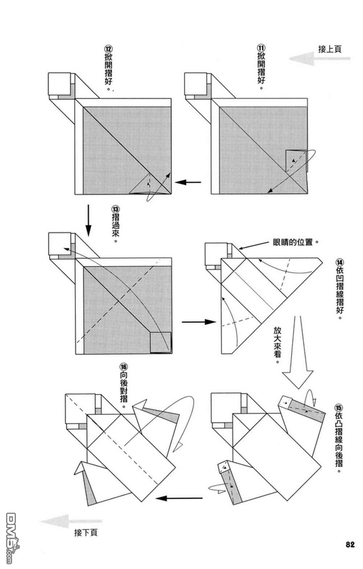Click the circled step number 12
click(108, 48)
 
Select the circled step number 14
click(340, 262)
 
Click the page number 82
click(350, 545)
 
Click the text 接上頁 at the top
click(330, 49)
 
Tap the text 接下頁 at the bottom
click(86, 533)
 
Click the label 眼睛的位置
click(293, 242)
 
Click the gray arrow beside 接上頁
click(319, 58)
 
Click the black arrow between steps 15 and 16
click(179, 498)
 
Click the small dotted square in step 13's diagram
click(160, 342)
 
